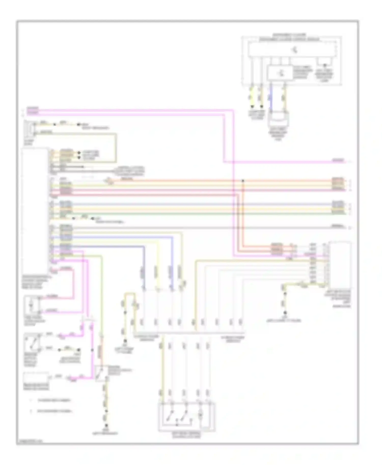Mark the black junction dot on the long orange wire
click(243, 181)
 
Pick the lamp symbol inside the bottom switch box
click(201, 416)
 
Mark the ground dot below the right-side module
click(285, 313)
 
